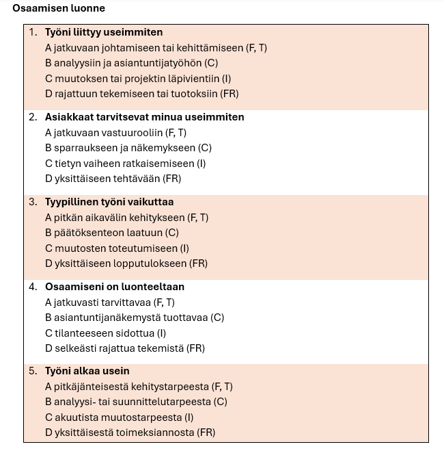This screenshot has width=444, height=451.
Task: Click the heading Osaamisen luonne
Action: click(x=59, y=9)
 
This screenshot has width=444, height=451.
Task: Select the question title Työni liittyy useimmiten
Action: click(x=104, y=32)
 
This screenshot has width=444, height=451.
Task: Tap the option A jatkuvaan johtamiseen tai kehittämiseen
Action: click(x=156, y=48)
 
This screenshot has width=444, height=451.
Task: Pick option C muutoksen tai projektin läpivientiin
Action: click(x=138, y=79)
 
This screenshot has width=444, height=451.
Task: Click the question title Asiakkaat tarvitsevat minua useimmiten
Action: click(x=144, y=117)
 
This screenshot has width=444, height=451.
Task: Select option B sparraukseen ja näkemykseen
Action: click(x=128, y=148)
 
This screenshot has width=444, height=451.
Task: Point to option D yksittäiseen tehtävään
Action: click(x=113, y=179)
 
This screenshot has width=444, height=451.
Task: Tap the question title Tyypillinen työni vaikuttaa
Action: click(x=109, y=202)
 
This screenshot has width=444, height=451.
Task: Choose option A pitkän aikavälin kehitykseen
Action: click(x=126, y=218)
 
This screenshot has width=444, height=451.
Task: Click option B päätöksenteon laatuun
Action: click(x=112, y=233)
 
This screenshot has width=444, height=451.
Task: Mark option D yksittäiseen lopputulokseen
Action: click(x=126, y=263)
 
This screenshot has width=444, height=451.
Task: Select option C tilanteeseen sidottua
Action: click(x=105, y=333)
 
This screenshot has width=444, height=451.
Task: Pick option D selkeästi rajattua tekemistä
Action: click(x=125, y=348)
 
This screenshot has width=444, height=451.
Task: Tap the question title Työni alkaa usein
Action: click(x=87, y=371)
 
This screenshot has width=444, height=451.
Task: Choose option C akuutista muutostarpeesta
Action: click(x=119, y=417)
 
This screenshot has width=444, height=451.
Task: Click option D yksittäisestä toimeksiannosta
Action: click(x=130, y=433)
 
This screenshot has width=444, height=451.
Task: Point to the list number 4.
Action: click(x=33, y=287)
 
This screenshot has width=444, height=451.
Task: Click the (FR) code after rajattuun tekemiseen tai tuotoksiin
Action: click(x=230, y=94)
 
